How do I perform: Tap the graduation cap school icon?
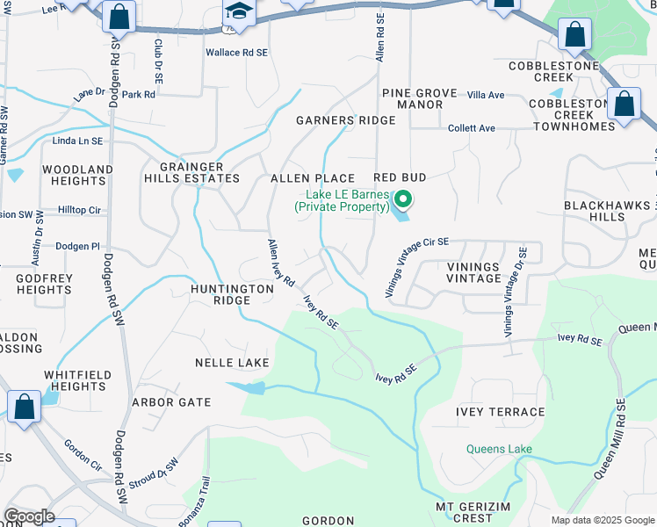235,12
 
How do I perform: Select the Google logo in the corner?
29,516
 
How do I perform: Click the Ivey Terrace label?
500,412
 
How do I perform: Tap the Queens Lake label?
499,450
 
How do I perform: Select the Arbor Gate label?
171,402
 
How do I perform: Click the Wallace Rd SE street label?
235,53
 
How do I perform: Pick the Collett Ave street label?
472,128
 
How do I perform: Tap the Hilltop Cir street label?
80,211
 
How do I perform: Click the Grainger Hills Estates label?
199,172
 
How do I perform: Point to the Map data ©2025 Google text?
602,520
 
